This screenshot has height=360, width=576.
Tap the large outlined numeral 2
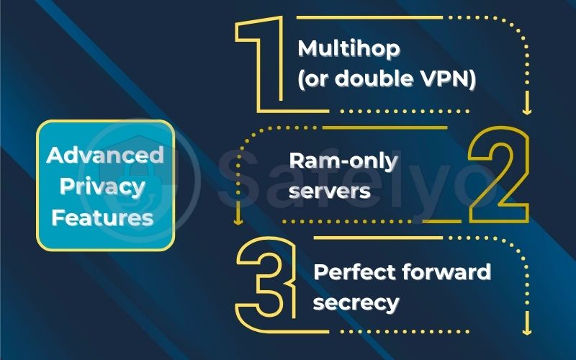click(498, 176)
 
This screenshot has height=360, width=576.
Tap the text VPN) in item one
click(449, 80)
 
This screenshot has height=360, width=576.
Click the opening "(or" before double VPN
click(315, 80)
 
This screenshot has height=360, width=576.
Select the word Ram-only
click(343, 161)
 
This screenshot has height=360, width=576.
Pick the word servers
click(330, 191)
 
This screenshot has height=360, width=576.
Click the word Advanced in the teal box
click(105, 155)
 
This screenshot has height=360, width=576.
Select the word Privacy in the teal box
click(105, 186)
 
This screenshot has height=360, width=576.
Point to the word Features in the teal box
click(105, 217)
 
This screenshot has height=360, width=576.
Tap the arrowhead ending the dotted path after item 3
click(526, 330)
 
